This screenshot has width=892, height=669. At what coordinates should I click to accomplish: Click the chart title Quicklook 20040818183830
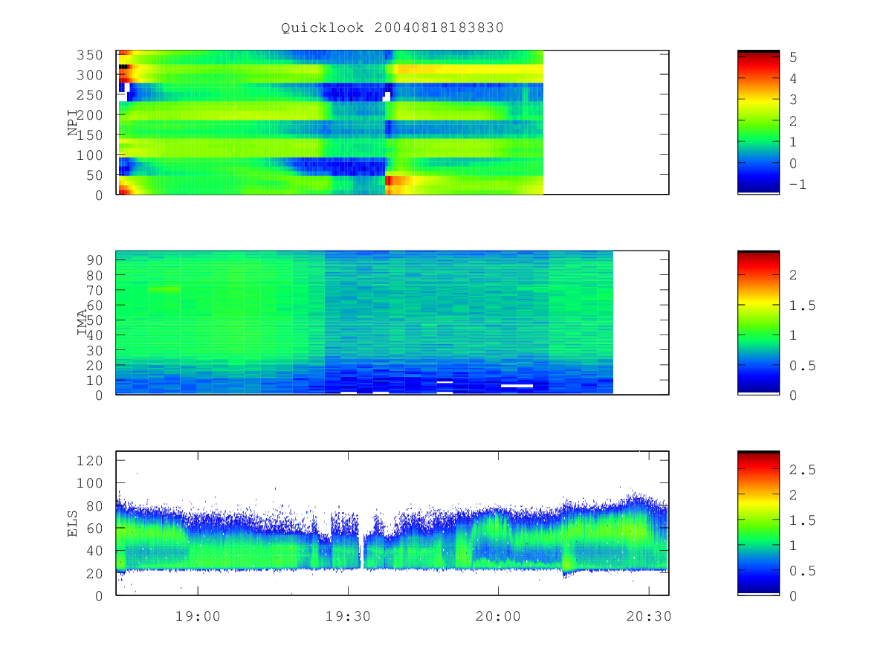click(x=392, y=28)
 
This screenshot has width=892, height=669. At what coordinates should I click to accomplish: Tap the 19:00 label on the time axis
click(x=198, y=616)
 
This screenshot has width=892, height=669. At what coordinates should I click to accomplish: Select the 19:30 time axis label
click(x=348, y=616)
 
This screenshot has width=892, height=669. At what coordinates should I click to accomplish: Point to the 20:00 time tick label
click(x=498, y=616)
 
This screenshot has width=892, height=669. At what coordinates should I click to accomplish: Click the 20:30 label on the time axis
click(x=649, y=616)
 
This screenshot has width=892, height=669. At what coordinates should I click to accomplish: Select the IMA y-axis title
click(x=82, y=322)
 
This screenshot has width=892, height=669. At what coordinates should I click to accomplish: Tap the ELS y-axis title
click(x=72, y=523)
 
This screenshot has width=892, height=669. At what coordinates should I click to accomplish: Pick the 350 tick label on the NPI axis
click(x=89, y=55)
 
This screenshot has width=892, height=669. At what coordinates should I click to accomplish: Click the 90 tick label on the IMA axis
click(x=94, y=260)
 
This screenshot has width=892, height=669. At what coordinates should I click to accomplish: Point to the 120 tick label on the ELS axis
click(x=89, y=461)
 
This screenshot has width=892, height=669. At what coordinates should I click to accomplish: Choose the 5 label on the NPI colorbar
click(x=793, y=57)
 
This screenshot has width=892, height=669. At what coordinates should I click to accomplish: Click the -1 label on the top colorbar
click(x=798, y=184)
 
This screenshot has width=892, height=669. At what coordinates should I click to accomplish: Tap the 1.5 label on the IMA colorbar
click(x=802, y=306)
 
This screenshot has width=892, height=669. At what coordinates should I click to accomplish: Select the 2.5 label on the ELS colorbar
click(x=802, y=470)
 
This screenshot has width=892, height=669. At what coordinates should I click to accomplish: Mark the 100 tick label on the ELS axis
click(x=89, y=483)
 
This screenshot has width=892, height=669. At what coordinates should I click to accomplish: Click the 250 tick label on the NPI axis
click(x=89, y=95)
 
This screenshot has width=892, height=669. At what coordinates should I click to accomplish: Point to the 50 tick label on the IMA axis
click(x=94, y=320)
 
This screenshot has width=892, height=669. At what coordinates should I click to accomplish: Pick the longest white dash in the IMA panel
click(x=517, y=386)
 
